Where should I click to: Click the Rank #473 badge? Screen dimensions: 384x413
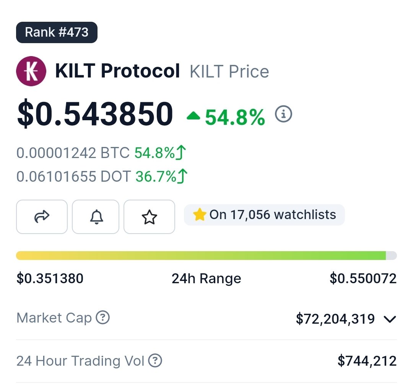click(57, 32)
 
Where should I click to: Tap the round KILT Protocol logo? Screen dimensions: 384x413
click(31, 71)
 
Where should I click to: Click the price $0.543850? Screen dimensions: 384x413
click(95, 114)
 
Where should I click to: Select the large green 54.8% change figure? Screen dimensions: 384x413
click(235, 117)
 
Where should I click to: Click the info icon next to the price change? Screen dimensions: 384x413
click(284, 114)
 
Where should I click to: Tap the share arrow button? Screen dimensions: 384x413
click(42, 217)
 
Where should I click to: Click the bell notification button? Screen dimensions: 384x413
click(96, 217)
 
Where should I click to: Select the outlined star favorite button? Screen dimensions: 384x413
click(149, 217)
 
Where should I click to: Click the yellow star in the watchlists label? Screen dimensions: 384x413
click(200, 215)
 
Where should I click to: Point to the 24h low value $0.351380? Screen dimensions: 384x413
click(50, 278)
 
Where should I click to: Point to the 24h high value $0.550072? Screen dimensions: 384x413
click(363, 278)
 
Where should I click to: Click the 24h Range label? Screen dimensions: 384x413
click(206, 278)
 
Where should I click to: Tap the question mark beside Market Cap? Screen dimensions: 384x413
click(102, 317)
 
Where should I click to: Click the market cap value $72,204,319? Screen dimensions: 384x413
click(335, 319)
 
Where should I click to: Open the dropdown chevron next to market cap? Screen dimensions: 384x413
click(390, 319)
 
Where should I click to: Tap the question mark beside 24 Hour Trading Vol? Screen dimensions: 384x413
click(155, 360)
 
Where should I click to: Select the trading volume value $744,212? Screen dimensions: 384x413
click(367, 360)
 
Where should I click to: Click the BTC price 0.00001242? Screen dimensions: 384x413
click(56, 153)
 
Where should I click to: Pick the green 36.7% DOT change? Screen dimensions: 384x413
click(156, 176)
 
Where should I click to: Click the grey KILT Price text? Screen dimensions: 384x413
click(229, 72)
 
